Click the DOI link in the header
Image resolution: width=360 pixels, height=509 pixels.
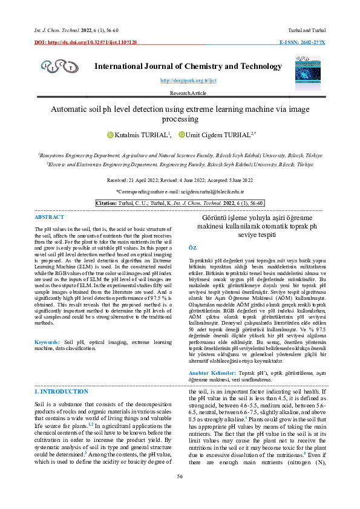click(x=85, y=42)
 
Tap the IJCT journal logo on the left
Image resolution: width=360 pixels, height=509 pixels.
click(x=57, y=65)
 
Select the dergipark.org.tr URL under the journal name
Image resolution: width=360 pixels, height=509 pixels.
click(x=180, y=80)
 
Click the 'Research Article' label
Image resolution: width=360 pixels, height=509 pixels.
click(x=180, y=93)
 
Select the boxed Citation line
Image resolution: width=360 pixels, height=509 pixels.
click(x=180, y=203)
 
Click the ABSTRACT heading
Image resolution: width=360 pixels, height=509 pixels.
click(x=49, y=216)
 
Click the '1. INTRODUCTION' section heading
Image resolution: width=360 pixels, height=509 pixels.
click(x=61, y=392)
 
